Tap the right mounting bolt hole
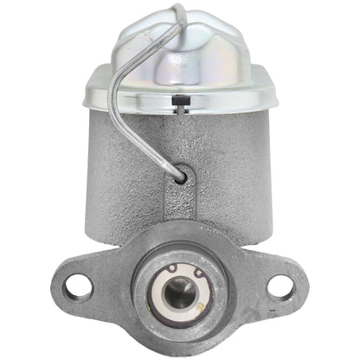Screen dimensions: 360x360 [280, 286]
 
